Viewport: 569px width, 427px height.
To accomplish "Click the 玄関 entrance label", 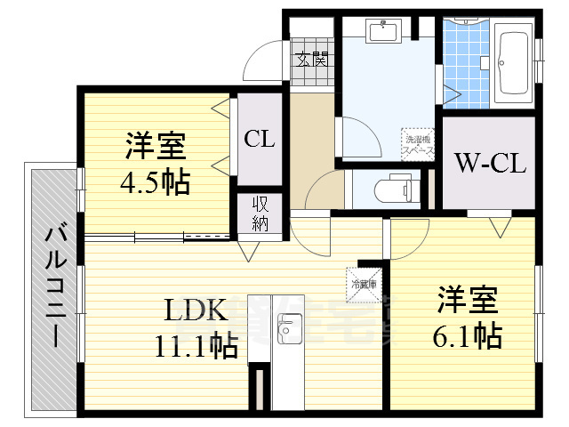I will click(x=312, y=60).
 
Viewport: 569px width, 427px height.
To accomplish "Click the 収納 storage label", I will click(x=259, y=214).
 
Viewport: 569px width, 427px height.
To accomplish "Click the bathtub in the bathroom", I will click(x=513, y=65).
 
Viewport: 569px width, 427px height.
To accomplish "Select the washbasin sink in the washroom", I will click(x=383, y=32).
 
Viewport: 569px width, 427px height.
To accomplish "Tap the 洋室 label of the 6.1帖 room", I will click(x=468, y=300).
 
